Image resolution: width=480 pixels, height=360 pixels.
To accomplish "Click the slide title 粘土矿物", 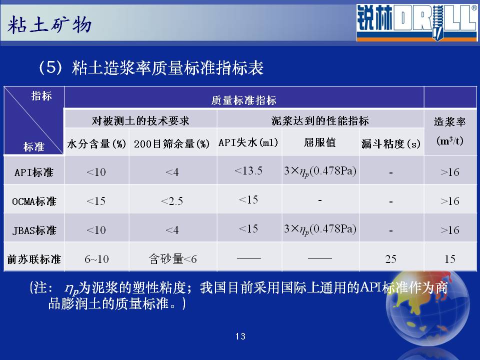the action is (49, 24).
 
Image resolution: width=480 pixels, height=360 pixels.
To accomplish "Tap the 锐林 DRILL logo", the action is (416, 22).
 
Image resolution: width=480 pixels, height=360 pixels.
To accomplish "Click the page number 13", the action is (240, 336).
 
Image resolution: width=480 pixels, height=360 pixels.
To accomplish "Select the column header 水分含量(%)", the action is (96, 143).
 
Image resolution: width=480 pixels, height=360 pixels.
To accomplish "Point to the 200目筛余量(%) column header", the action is (171, 143).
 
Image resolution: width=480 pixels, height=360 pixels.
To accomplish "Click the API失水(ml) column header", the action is (248, 142).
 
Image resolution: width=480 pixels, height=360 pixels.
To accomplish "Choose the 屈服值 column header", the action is (320, 142).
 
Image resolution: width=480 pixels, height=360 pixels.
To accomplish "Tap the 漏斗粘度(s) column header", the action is (391, 143).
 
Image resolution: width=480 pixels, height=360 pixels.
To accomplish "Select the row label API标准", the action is (33, 172).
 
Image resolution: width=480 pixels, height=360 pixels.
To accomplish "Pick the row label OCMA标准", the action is (34, 201).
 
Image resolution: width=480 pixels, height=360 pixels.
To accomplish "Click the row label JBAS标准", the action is (34, 230).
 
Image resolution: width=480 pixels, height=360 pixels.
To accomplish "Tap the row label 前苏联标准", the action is (34, 259).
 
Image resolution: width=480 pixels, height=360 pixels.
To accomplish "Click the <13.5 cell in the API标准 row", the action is (248, 170).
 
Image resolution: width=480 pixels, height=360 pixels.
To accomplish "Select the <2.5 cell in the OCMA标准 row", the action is (171, 201).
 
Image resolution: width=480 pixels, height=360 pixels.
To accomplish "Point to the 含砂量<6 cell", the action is (172, 259).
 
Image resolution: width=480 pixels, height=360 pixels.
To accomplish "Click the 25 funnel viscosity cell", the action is (391, 259).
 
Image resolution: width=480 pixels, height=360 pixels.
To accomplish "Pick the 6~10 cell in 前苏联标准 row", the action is (96, 259).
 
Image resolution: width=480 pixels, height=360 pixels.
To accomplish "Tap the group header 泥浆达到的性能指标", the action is (320, 121).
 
